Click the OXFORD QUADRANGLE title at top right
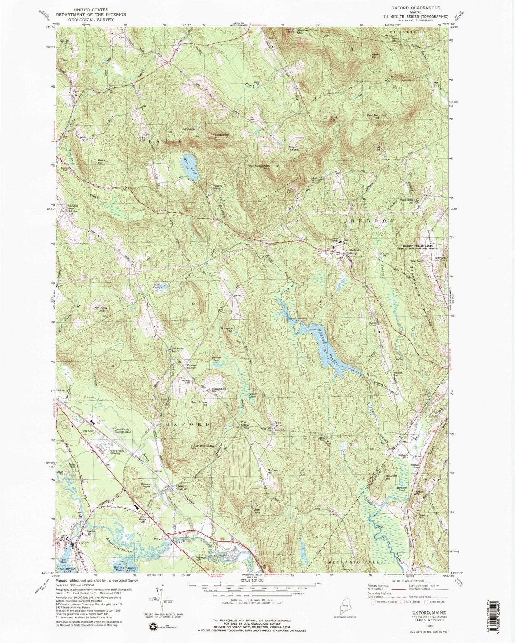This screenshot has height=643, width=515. tap(415, 7)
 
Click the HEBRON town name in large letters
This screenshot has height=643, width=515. tap(372, 221)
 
